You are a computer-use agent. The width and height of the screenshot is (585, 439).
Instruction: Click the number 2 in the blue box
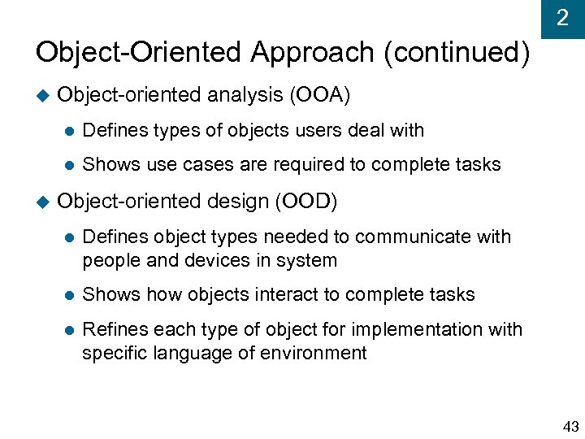coord(562,18)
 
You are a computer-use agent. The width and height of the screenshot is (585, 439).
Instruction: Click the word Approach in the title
coord(312,53)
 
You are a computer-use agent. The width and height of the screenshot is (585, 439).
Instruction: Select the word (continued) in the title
coord(457,53)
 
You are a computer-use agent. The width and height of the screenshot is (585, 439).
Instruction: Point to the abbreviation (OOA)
coord(319,95)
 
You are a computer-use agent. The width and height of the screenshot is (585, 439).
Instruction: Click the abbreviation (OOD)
coord(306,201)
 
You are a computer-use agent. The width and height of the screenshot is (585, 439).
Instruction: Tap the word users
coord(321,130)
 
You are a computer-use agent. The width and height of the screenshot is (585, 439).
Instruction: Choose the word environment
coord(318,353)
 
